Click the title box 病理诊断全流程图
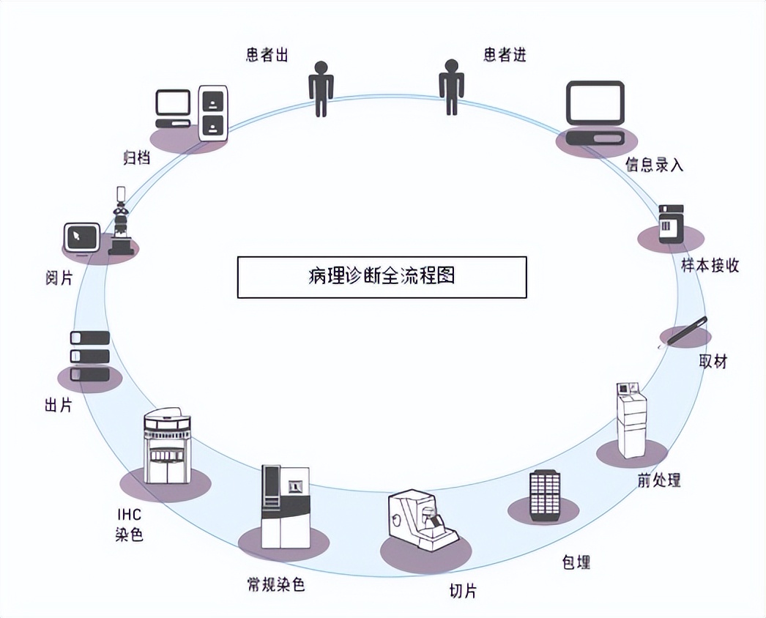tap(382, 277)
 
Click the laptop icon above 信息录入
tap(594, 113)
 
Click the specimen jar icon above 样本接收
tap(671, 224)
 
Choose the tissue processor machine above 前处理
tap(632, 420)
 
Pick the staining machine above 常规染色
tap(285, 507)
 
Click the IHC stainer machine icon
tap(167, 447)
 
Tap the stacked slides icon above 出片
tap(89, 356)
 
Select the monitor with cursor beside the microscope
tap(81, 239)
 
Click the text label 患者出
tap(267, 56)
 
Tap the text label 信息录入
tap(654, 165)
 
